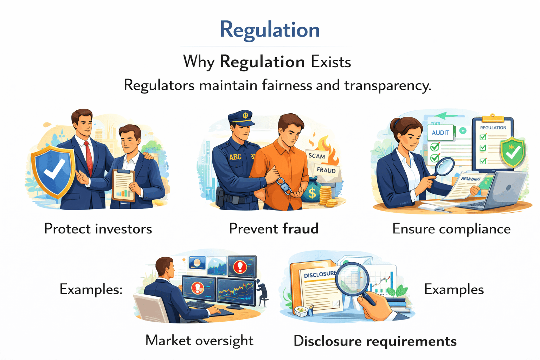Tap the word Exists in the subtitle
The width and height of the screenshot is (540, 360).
pyautogui.click(x=331, y=62)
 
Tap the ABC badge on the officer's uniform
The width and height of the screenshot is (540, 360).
pyautogui.click(x=235, y=157)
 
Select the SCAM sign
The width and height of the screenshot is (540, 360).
pyautogui.click(x=316, y=156)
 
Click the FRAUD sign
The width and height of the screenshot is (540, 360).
pyautogui.click(x=326, y=170)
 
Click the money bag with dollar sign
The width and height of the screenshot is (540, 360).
pyautogui.click(x=311, y=192)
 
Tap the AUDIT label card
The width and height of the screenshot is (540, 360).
pyautogui.click(x=441, y=133)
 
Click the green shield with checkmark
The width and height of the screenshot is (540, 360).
pyautogui.click(x=513, y=152)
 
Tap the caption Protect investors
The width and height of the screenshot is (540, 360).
pyautogui.click(x=98, y=229)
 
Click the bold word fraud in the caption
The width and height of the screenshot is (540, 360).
pyautogui.click(x=301, y=229)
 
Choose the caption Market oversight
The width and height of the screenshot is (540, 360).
pyautogui.click(x=199, y=341)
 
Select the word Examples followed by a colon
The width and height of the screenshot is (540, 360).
pyautogui.click(x=91, y=290)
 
